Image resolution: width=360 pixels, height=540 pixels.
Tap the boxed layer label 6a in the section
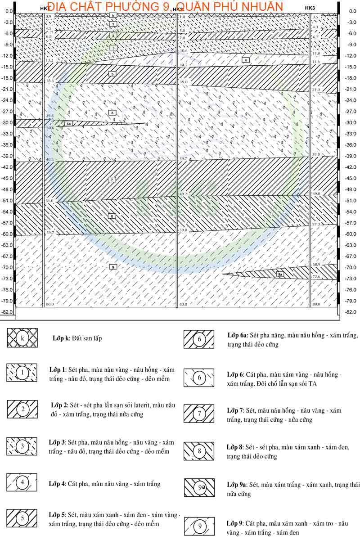coord(69,123)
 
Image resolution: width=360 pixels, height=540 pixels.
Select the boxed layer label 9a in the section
coord(280,274)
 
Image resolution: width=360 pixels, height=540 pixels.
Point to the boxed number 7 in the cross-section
coord(112,180)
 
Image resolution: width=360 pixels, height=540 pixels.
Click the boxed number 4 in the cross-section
coord(246,60)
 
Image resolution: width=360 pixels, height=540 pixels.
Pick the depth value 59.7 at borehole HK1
coord(49,233)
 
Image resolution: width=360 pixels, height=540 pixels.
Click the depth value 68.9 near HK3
coord(316,265)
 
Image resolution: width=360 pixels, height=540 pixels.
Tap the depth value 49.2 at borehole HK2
coord(183,194)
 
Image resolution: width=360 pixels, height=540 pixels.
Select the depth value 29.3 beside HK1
coord(49,116)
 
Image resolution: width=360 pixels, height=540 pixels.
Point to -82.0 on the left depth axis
coord(7,312)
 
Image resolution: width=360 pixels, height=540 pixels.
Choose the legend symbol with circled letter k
coord(22,338)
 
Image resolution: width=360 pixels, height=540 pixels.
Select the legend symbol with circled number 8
coord(199,450)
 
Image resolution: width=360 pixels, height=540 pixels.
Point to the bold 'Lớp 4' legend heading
coord(57,484)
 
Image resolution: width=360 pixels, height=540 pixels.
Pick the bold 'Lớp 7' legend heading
coord(234,410)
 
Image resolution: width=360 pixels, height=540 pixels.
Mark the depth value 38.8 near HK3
coord(316,154)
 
